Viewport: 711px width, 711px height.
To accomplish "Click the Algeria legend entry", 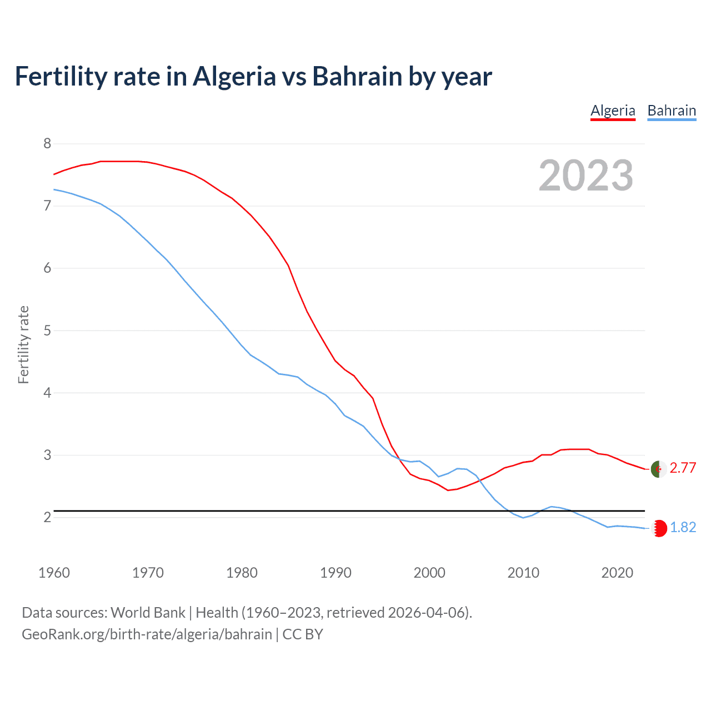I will pos(613,111).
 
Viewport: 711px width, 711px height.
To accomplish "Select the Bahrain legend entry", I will pos(672,111).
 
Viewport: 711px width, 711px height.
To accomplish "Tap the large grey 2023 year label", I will pos(586,176).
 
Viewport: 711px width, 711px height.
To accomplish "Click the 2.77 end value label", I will pos(683,468).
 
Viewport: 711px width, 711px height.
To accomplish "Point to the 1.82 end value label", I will pos(683,528).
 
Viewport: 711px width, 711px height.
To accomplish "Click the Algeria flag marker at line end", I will pos(659,469).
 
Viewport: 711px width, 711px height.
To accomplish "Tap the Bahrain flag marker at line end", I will pos(659,528).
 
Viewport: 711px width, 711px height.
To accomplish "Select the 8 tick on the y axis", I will pos(47,144).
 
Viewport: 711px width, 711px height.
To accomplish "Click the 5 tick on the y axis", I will pos(47,331).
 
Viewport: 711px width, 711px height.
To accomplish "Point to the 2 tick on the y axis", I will pos(47,518).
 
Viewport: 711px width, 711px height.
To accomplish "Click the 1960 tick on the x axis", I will pos(54,573).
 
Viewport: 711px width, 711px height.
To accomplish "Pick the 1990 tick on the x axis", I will pos(336,573).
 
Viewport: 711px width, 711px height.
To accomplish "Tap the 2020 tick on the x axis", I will pos(617,573).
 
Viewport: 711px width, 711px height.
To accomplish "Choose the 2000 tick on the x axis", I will pos(429,573).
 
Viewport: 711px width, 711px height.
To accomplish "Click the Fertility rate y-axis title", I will pos(23,344).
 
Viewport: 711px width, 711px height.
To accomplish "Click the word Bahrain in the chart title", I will pos(357,77).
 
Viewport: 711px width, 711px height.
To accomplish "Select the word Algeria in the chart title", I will pos(234,77).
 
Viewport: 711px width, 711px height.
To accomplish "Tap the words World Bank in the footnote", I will pos(148,613).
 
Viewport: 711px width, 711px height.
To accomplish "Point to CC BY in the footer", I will pos(303,634).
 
